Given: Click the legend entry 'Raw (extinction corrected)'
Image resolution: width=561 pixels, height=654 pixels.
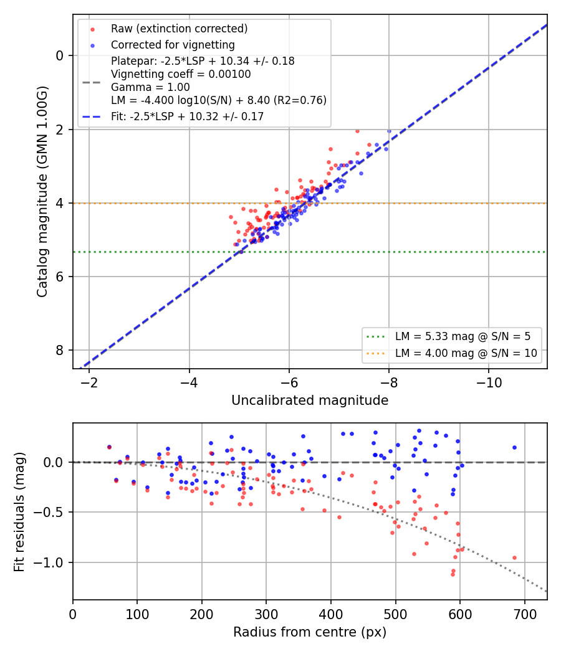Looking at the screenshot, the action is pyautogui.click(x=179, y=29).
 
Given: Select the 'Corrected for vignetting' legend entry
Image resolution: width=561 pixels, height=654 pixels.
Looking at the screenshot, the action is pyautogui.click(x=173, y=45).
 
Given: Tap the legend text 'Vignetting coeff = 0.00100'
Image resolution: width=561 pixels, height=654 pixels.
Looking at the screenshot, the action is pyautogui.click(x=181, y=74).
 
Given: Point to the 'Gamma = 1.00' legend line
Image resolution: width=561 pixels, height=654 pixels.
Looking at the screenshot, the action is pyautogui.click(x=150, y=87).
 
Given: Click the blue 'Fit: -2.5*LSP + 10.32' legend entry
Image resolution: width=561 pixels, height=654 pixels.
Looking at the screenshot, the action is pyautogui.click(x=187, y=116).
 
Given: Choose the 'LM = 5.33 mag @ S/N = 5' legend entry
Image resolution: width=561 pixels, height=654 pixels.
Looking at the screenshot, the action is pyautogui.click(x=463, y=336).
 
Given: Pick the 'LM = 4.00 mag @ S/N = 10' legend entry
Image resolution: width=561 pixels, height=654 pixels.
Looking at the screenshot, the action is pyautogui.click(x=466, y=353).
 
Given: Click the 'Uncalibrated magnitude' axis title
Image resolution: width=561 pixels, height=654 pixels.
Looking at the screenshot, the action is pyautogui.click(x=310, y=400).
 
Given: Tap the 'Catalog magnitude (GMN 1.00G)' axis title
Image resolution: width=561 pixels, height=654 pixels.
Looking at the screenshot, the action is pyautogui.click(x=42, y=192).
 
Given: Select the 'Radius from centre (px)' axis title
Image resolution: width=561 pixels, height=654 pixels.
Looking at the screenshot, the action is pyautogui.click(x=310, y=632).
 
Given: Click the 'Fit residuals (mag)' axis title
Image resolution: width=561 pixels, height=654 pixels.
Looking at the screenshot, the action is pyautogui.click(x=19, y=512).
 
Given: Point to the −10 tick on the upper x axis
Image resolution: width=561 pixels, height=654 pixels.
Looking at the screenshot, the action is pyautogui.click(x=489, y=382).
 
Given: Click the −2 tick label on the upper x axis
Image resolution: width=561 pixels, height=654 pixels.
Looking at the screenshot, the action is pyautogui.click(x=89, y=382).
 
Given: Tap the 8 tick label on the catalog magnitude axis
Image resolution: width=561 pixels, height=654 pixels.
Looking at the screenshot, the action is pyautogui.click(x=60, y=350).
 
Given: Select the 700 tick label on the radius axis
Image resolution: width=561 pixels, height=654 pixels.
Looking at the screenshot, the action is pyautogui.click(x=524, y=614).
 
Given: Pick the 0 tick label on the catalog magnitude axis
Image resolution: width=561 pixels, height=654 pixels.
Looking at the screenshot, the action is pyautogui.click(x=60, y=56).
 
